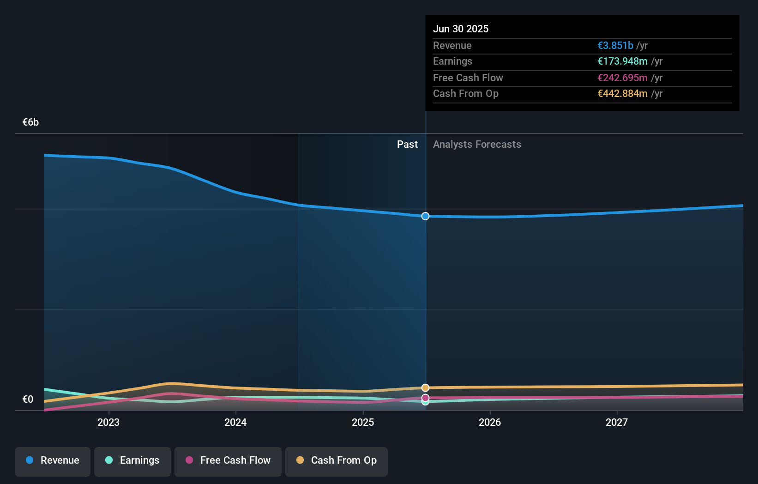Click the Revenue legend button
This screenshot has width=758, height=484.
click(x=53, y=461)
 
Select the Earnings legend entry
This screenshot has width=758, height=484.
click(x=132, y=461)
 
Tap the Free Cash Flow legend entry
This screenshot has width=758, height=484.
click(x=228, y=461)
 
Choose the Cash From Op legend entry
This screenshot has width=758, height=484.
click(x=337, y=461)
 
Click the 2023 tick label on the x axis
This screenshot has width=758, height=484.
click(x=108, y=423)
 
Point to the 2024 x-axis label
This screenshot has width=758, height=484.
click(x=235, y=423)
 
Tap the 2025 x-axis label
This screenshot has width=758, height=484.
click(x=363, y=423)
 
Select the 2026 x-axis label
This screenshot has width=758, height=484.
click(x=490, y=423)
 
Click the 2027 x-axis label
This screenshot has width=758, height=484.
click(x=617, y=423)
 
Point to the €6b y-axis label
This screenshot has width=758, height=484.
click(x=30, y=122)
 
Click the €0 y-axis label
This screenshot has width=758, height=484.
click(x=28, y=399)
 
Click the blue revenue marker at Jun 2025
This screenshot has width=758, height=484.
click(x=425, y=216)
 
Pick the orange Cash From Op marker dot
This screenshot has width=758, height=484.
click(x=425, y=387)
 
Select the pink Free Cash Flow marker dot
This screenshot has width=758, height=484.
click(x=425, y=398)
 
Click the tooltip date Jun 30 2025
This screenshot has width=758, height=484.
click(x=460, y=29)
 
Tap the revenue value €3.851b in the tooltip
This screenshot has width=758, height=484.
click(x=615, y=45)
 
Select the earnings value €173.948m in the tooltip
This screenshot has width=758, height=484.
click(x=622, y=61)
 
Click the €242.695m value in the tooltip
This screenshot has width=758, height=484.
click(x=622, y=78)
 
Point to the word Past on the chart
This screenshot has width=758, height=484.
click(x=407, y=145)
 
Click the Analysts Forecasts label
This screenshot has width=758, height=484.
click(x=477, y=145)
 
